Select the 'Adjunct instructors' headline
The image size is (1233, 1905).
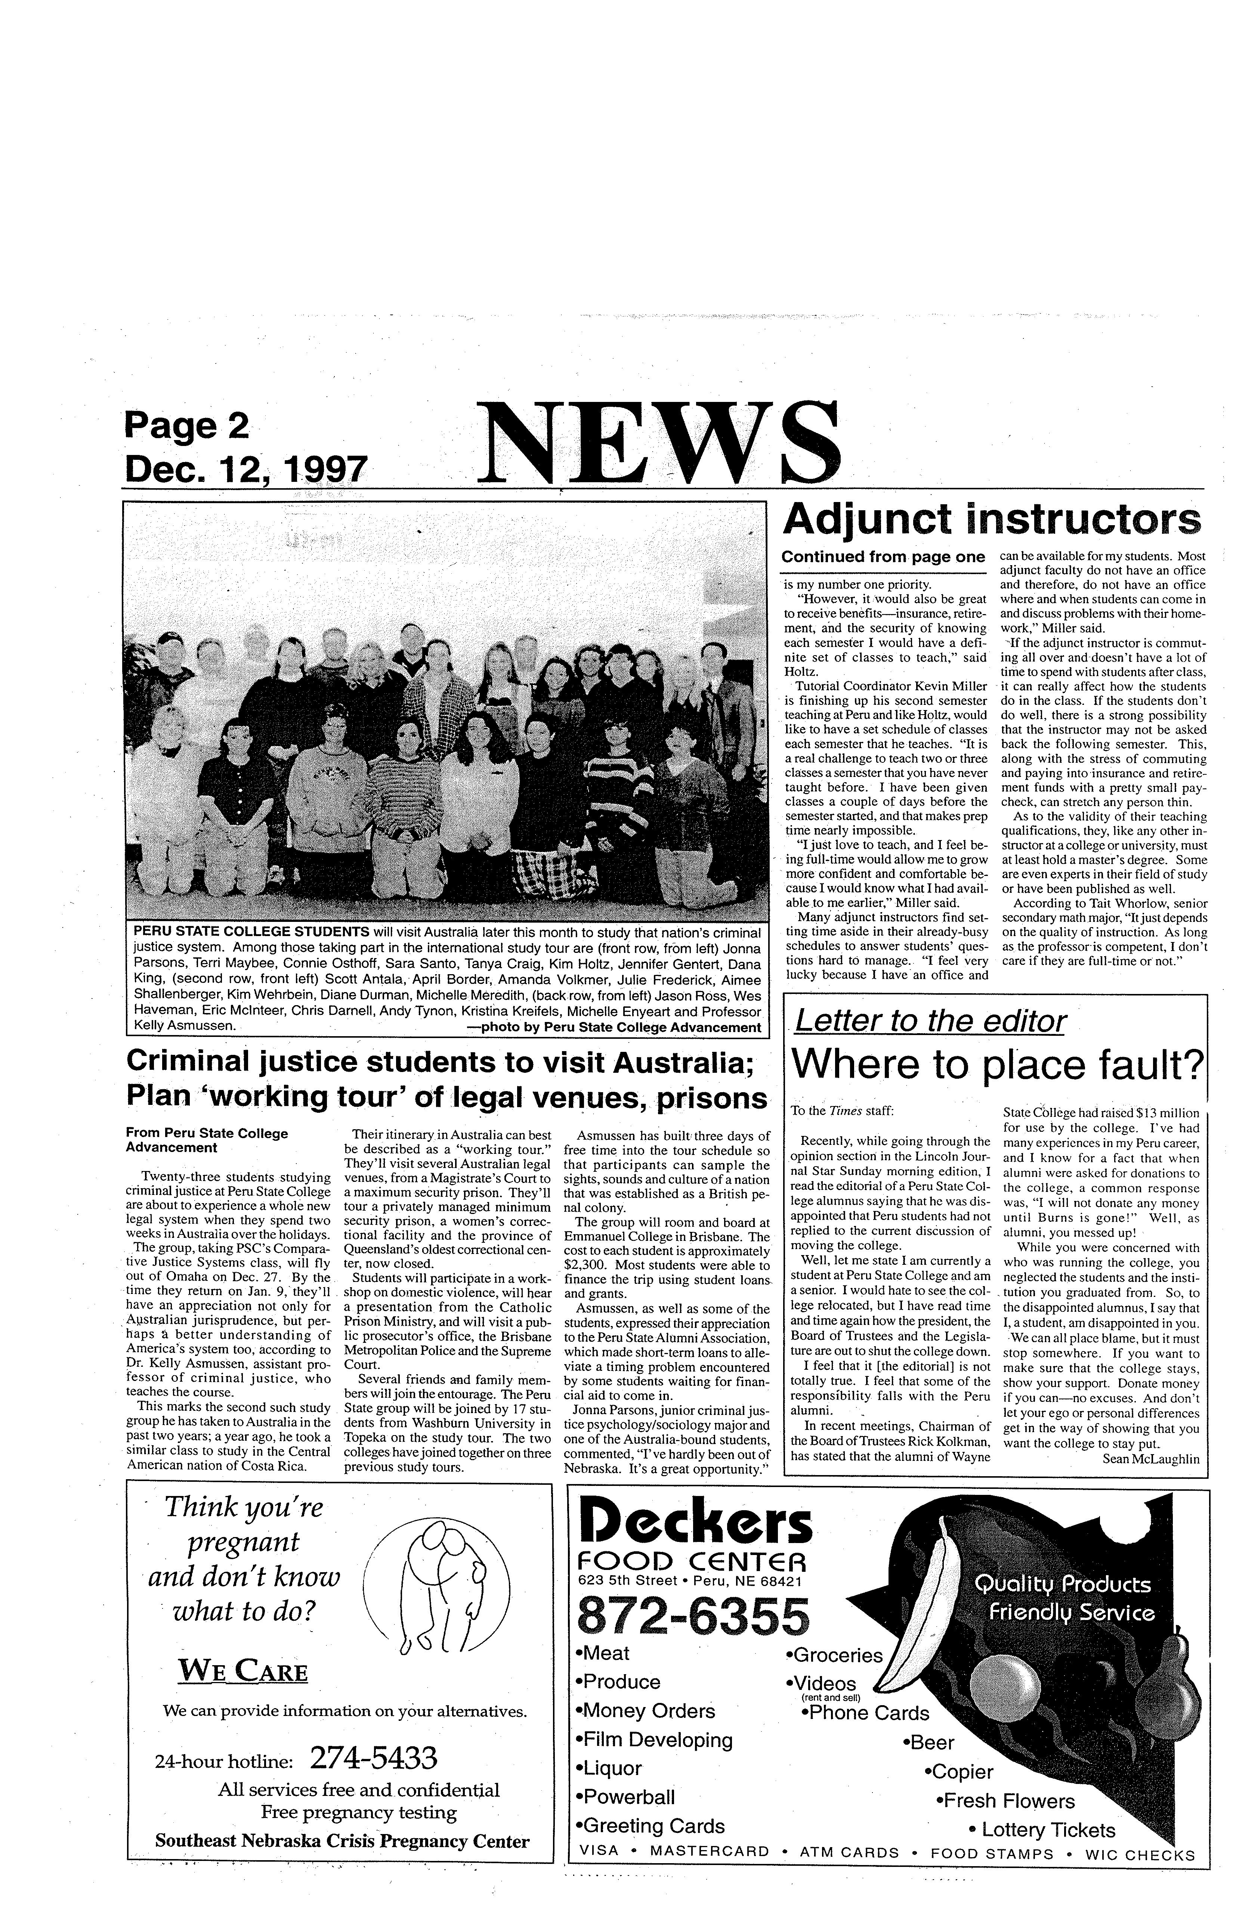[x=991, y=520]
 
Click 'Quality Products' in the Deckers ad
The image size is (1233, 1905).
[x=1063, y=1585]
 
